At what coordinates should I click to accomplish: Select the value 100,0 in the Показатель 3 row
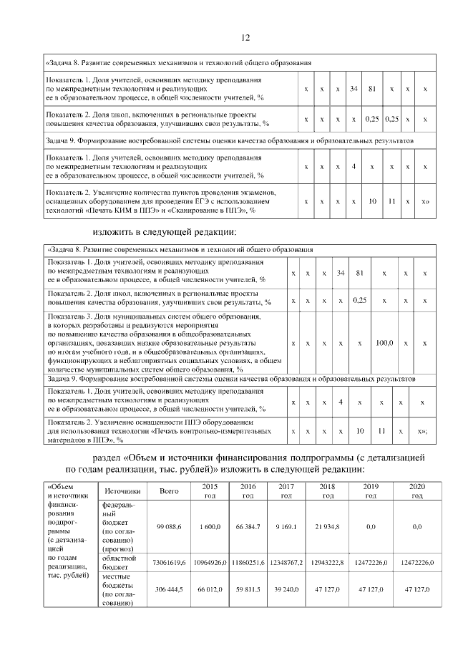coord(384,344)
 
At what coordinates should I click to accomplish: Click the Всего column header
coord(168,491)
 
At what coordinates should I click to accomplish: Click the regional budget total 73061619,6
coord(168,563)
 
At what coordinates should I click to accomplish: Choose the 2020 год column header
coord(416,491)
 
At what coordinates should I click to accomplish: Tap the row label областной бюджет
coord(118,563)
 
